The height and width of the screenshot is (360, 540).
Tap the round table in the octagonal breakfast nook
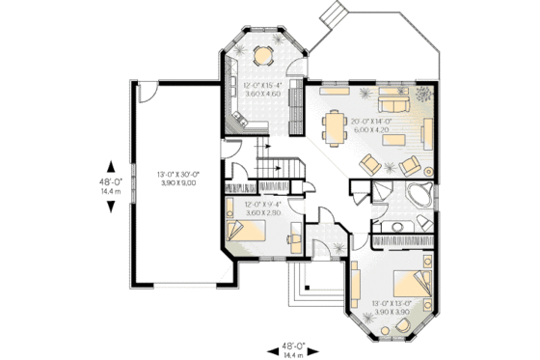coord(262,55)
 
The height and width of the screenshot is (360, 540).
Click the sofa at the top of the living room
coord(391,104)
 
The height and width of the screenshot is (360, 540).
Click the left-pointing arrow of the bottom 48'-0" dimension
coord(270,346)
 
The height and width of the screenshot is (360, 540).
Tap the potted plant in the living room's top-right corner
coord(421,95)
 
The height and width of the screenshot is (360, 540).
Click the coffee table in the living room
coord(393,140)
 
